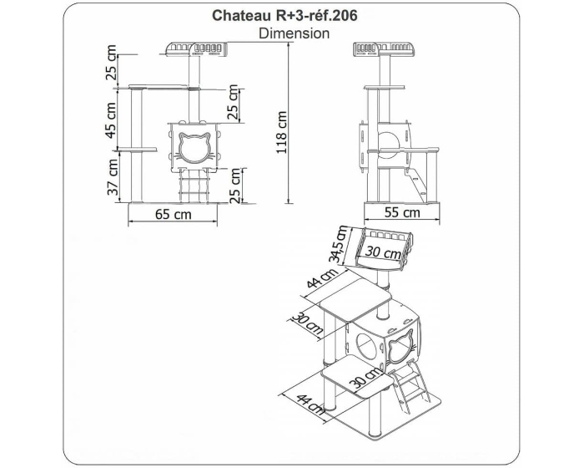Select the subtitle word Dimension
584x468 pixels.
pyautogui.click(x=294, y=33)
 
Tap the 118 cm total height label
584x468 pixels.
pyautogui.click(x=281, y=132)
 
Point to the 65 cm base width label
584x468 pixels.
pyautogui.click(x=174, y=214)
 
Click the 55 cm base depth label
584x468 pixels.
pyautogui.click(x=402, y=212)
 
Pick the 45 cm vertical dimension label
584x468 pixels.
pyautogui.click(x=111, y=120)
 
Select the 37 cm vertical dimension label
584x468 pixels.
pyautogui.click(x=113, y=178)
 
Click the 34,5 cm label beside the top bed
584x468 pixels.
pyautogui.click(x=340, y=245)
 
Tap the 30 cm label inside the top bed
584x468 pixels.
pyautogui.click(x=383, y=252)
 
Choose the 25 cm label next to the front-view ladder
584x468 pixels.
pyautogui.click(x=235, y=186)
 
